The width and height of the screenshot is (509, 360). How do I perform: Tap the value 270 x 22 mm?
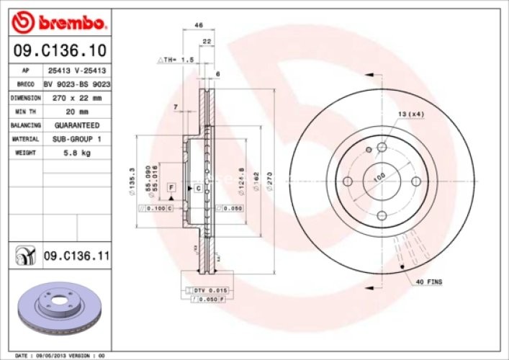click(77, 97)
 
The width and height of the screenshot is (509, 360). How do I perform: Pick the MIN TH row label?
click(26, 111)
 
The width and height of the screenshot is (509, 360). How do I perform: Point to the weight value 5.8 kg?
click(77, 153)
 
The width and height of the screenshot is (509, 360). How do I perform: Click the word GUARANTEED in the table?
click(77, 125)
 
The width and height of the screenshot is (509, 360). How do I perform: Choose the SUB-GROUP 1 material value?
click(77, 139)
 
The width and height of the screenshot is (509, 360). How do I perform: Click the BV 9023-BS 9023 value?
click(77, 84)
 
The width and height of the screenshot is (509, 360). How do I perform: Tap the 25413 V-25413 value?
click(77, 71)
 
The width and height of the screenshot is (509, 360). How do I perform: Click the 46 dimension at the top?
click(198, 25)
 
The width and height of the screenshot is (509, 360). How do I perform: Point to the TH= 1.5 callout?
click(176, 60)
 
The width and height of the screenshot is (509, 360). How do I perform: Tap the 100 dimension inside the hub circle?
click(379, 176)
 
